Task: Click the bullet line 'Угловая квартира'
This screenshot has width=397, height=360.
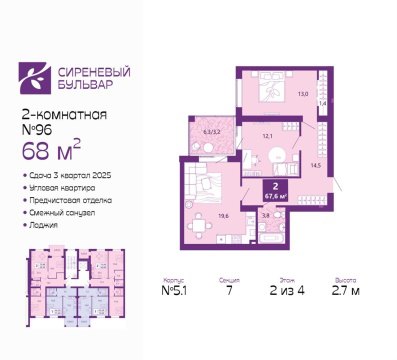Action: coord(62,187)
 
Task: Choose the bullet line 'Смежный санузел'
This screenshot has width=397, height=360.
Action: coord(63,212)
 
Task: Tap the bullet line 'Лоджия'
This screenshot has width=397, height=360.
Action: coord(44,224)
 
